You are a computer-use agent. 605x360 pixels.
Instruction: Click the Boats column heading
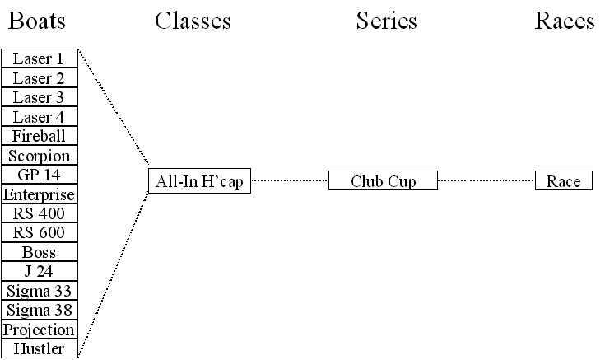(x=37, y=21)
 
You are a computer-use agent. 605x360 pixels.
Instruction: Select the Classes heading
(x=193, y=21)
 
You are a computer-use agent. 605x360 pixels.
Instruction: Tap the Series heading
(x=386, y=21)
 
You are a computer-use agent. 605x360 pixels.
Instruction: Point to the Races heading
(x=565, y=21)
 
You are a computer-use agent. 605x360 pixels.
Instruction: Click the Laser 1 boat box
(x=39, y=59)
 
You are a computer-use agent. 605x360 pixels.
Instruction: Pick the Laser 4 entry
(x=39, y=117)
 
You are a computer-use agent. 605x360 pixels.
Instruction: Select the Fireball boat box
(x=39, y=136)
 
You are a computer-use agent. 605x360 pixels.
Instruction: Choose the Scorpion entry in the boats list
(x=39, y=156)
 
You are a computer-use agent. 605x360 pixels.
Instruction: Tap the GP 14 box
(x=39, y=175)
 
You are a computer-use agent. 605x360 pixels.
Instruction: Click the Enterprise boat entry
(x=39, y=194)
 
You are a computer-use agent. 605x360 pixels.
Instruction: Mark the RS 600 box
(x=39, y=233)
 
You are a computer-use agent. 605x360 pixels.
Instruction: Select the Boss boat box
(x=39, y=252)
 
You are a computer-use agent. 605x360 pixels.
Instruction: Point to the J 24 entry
(x=39, y=271)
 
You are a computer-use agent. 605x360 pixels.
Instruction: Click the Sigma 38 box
(x=39, y=310)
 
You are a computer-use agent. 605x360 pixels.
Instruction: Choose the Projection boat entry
(x=39, y=330)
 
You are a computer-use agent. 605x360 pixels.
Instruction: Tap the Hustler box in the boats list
(x=39, y=348)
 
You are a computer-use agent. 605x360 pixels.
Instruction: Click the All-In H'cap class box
(x=199, y=181)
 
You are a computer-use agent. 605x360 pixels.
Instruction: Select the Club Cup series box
(x=383, y=181)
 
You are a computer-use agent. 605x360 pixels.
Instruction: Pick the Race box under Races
(x=563, y=181)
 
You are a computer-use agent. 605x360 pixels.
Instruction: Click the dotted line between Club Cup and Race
(x=486, y=180)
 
